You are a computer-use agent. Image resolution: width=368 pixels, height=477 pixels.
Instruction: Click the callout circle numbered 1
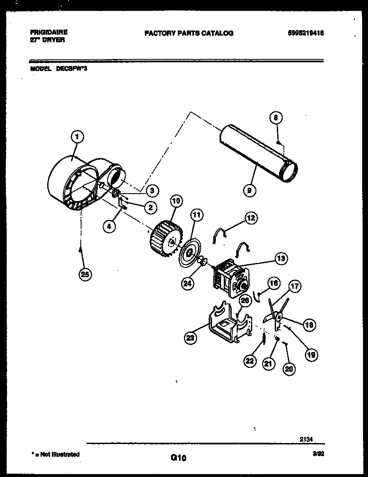point(77,136)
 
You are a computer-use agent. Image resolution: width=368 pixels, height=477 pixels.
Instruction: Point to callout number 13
point(281,259)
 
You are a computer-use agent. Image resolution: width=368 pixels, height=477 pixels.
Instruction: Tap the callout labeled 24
point(188,283)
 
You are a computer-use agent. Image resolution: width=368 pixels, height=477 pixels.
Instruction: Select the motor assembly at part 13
point(230,277)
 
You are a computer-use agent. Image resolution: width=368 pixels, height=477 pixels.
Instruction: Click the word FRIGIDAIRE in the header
point(49,32)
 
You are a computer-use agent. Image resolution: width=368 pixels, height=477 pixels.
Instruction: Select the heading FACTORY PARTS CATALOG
point(189,33)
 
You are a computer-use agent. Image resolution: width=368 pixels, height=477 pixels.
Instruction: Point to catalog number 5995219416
point(306,33)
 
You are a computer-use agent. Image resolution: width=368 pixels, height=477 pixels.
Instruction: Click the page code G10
point(178,458)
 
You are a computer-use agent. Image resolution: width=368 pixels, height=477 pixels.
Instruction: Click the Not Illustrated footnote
point(55,454)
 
